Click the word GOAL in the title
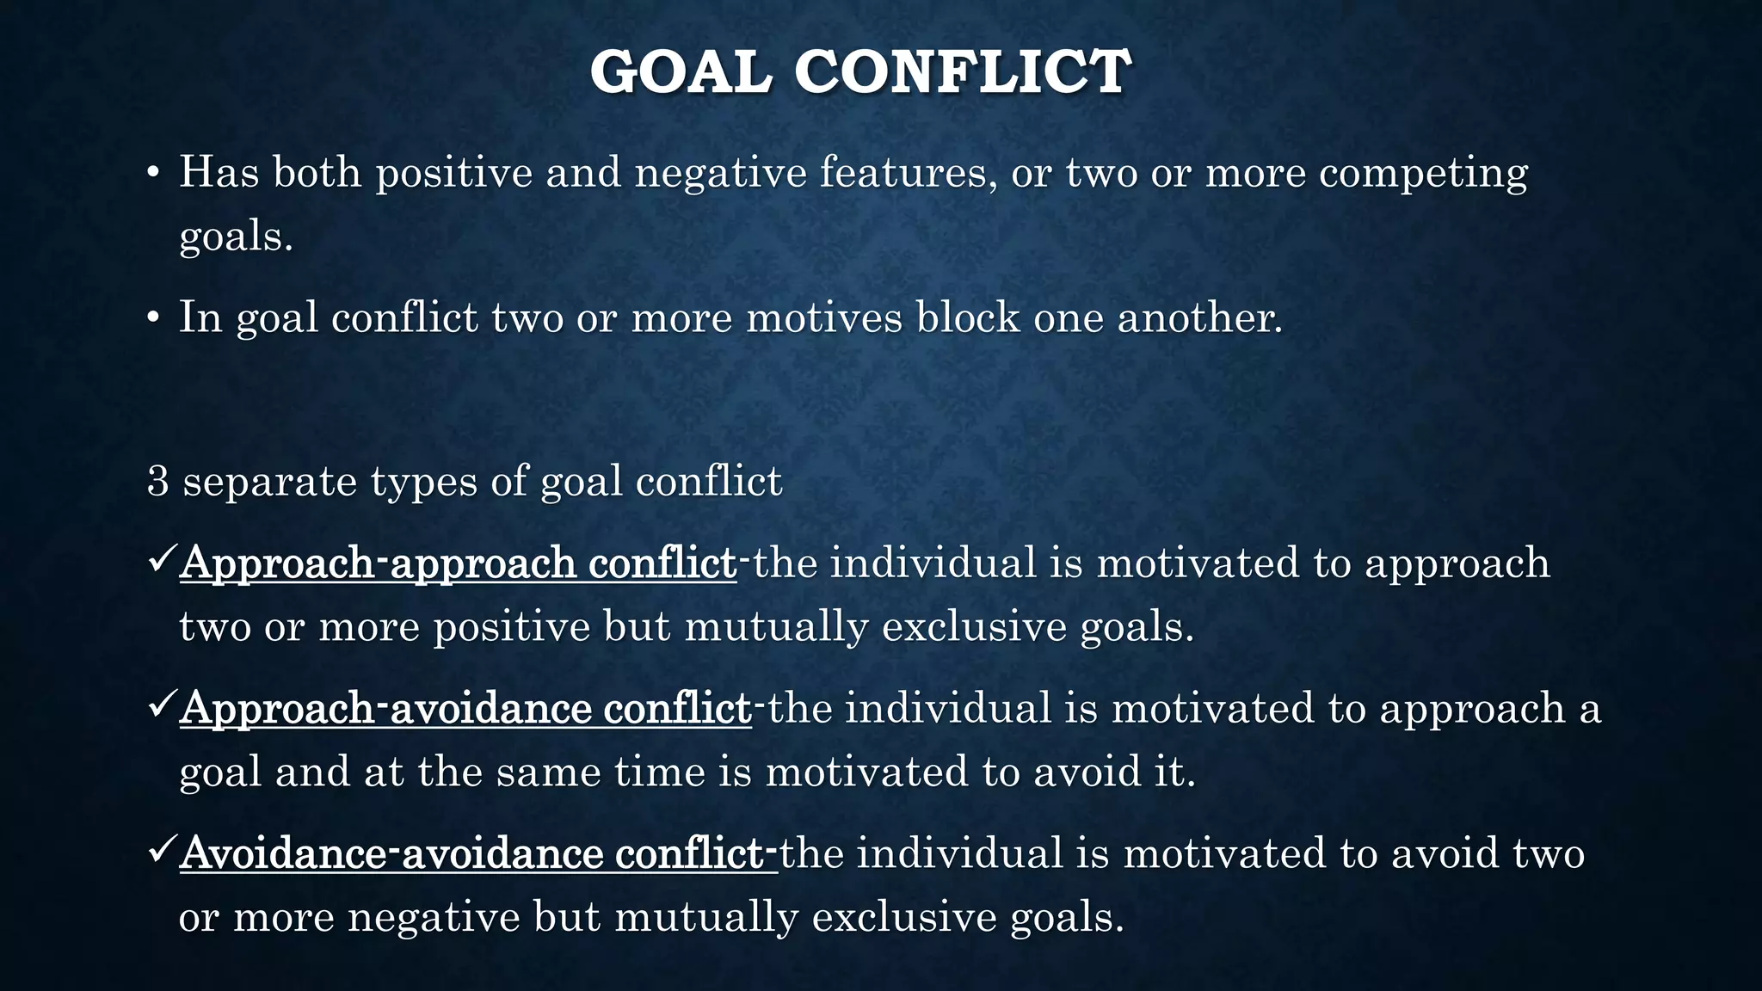(680, 72)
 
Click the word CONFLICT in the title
(962, 72)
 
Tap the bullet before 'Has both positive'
(152, 174)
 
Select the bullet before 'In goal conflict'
(152, 319)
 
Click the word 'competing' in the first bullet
(1423, 174)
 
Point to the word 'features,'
(907, 172)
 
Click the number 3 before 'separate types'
(157, 481)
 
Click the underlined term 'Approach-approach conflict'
(458, 564)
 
